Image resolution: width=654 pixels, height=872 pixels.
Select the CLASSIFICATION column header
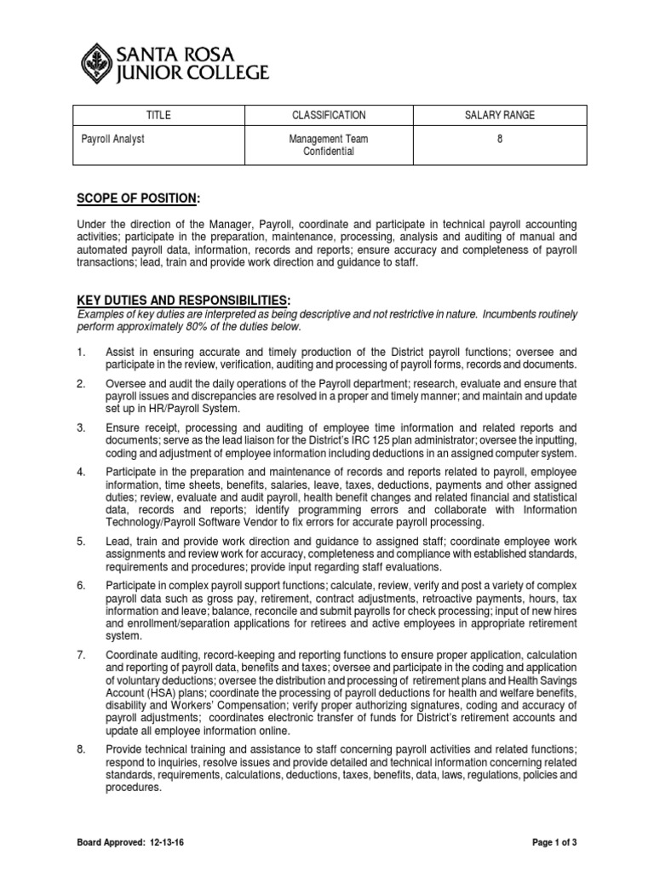point(329,115)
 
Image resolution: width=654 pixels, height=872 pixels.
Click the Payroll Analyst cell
point(113,138)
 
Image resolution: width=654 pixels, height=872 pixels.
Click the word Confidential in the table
point(329,152)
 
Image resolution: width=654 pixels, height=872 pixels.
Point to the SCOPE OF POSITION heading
point(137,198)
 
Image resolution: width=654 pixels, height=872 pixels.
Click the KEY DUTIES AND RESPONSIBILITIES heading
point(183,301)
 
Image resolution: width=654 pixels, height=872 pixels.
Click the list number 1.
point(81,352)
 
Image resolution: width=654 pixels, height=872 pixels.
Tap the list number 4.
point(81,471)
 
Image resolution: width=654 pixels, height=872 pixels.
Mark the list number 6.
point(81,583)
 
